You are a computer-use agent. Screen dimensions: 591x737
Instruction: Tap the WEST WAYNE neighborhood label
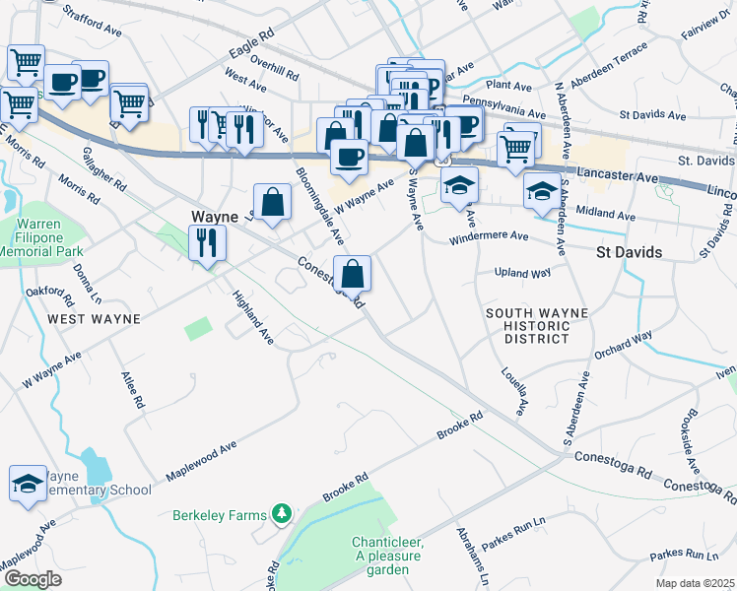tap(93, 319)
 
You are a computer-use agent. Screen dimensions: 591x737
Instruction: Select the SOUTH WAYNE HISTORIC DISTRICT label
tap(537, 325)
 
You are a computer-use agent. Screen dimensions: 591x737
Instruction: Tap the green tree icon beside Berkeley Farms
tap(282, 513)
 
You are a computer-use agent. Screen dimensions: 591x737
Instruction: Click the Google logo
tap(33, 578)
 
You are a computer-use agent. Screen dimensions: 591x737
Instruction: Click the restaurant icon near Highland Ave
tap(207, 242)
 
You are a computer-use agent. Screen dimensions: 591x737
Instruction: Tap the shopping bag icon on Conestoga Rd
tap(352, 273)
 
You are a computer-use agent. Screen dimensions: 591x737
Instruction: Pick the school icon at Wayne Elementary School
tap(29, 483)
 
